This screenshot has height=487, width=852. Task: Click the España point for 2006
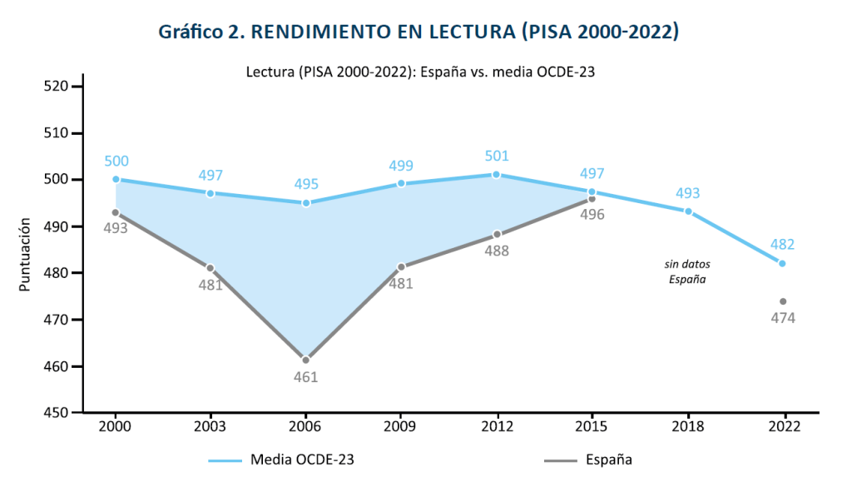click(306, 360)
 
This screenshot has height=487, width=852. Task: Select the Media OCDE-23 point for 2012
click(497, 175)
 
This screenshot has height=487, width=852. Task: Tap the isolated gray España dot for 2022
click(783, 301)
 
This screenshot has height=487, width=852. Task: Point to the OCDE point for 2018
click(688, 211)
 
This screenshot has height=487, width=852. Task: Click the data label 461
click(306, 377)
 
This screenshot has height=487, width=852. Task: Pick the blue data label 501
click(496, 157)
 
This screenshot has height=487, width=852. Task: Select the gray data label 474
click(782, 318)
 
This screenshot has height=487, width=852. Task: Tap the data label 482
click(782, 245)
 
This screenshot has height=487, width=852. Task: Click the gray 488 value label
click(496, 251)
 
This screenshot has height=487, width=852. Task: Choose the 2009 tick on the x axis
click(402, 425)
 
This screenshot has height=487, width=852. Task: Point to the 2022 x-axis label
click(783, 425)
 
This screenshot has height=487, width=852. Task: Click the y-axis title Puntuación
click(25, 255)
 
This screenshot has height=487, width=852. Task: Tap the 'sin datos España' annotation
click(688, 271)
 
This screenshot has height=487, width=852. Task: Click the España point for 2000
click(116, 212)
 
